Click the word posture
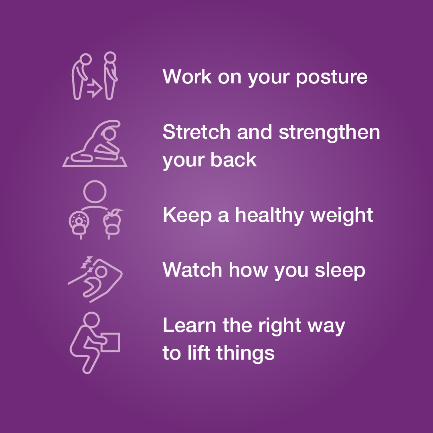tap(332, 77)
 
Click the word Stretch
tap(196, 132)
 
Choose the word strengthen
tap(330, 132)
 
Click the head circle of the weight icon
tap(95, 192)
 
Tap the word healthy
tap(269, 215)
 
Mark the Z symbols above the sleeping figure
tap(87, 263)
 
